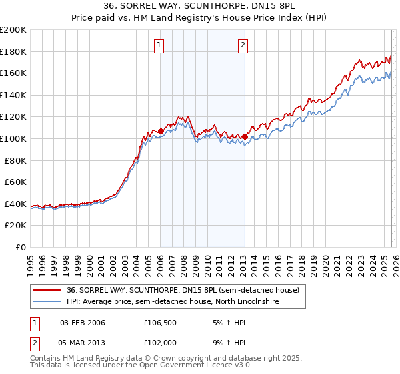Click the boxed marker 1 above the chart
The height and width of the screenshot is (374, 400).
[x=160, y=45]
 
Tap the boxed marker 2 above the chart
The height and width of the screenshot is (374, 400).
[x=242, y=45]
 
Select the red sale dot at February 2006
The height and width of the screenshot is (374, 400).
[x=161, y=132]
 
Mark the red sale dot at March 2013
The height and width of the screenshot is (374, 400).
[x=245, y=136]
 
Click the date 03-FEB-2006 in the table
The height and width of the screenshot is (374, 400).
[x=83, y=323]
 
